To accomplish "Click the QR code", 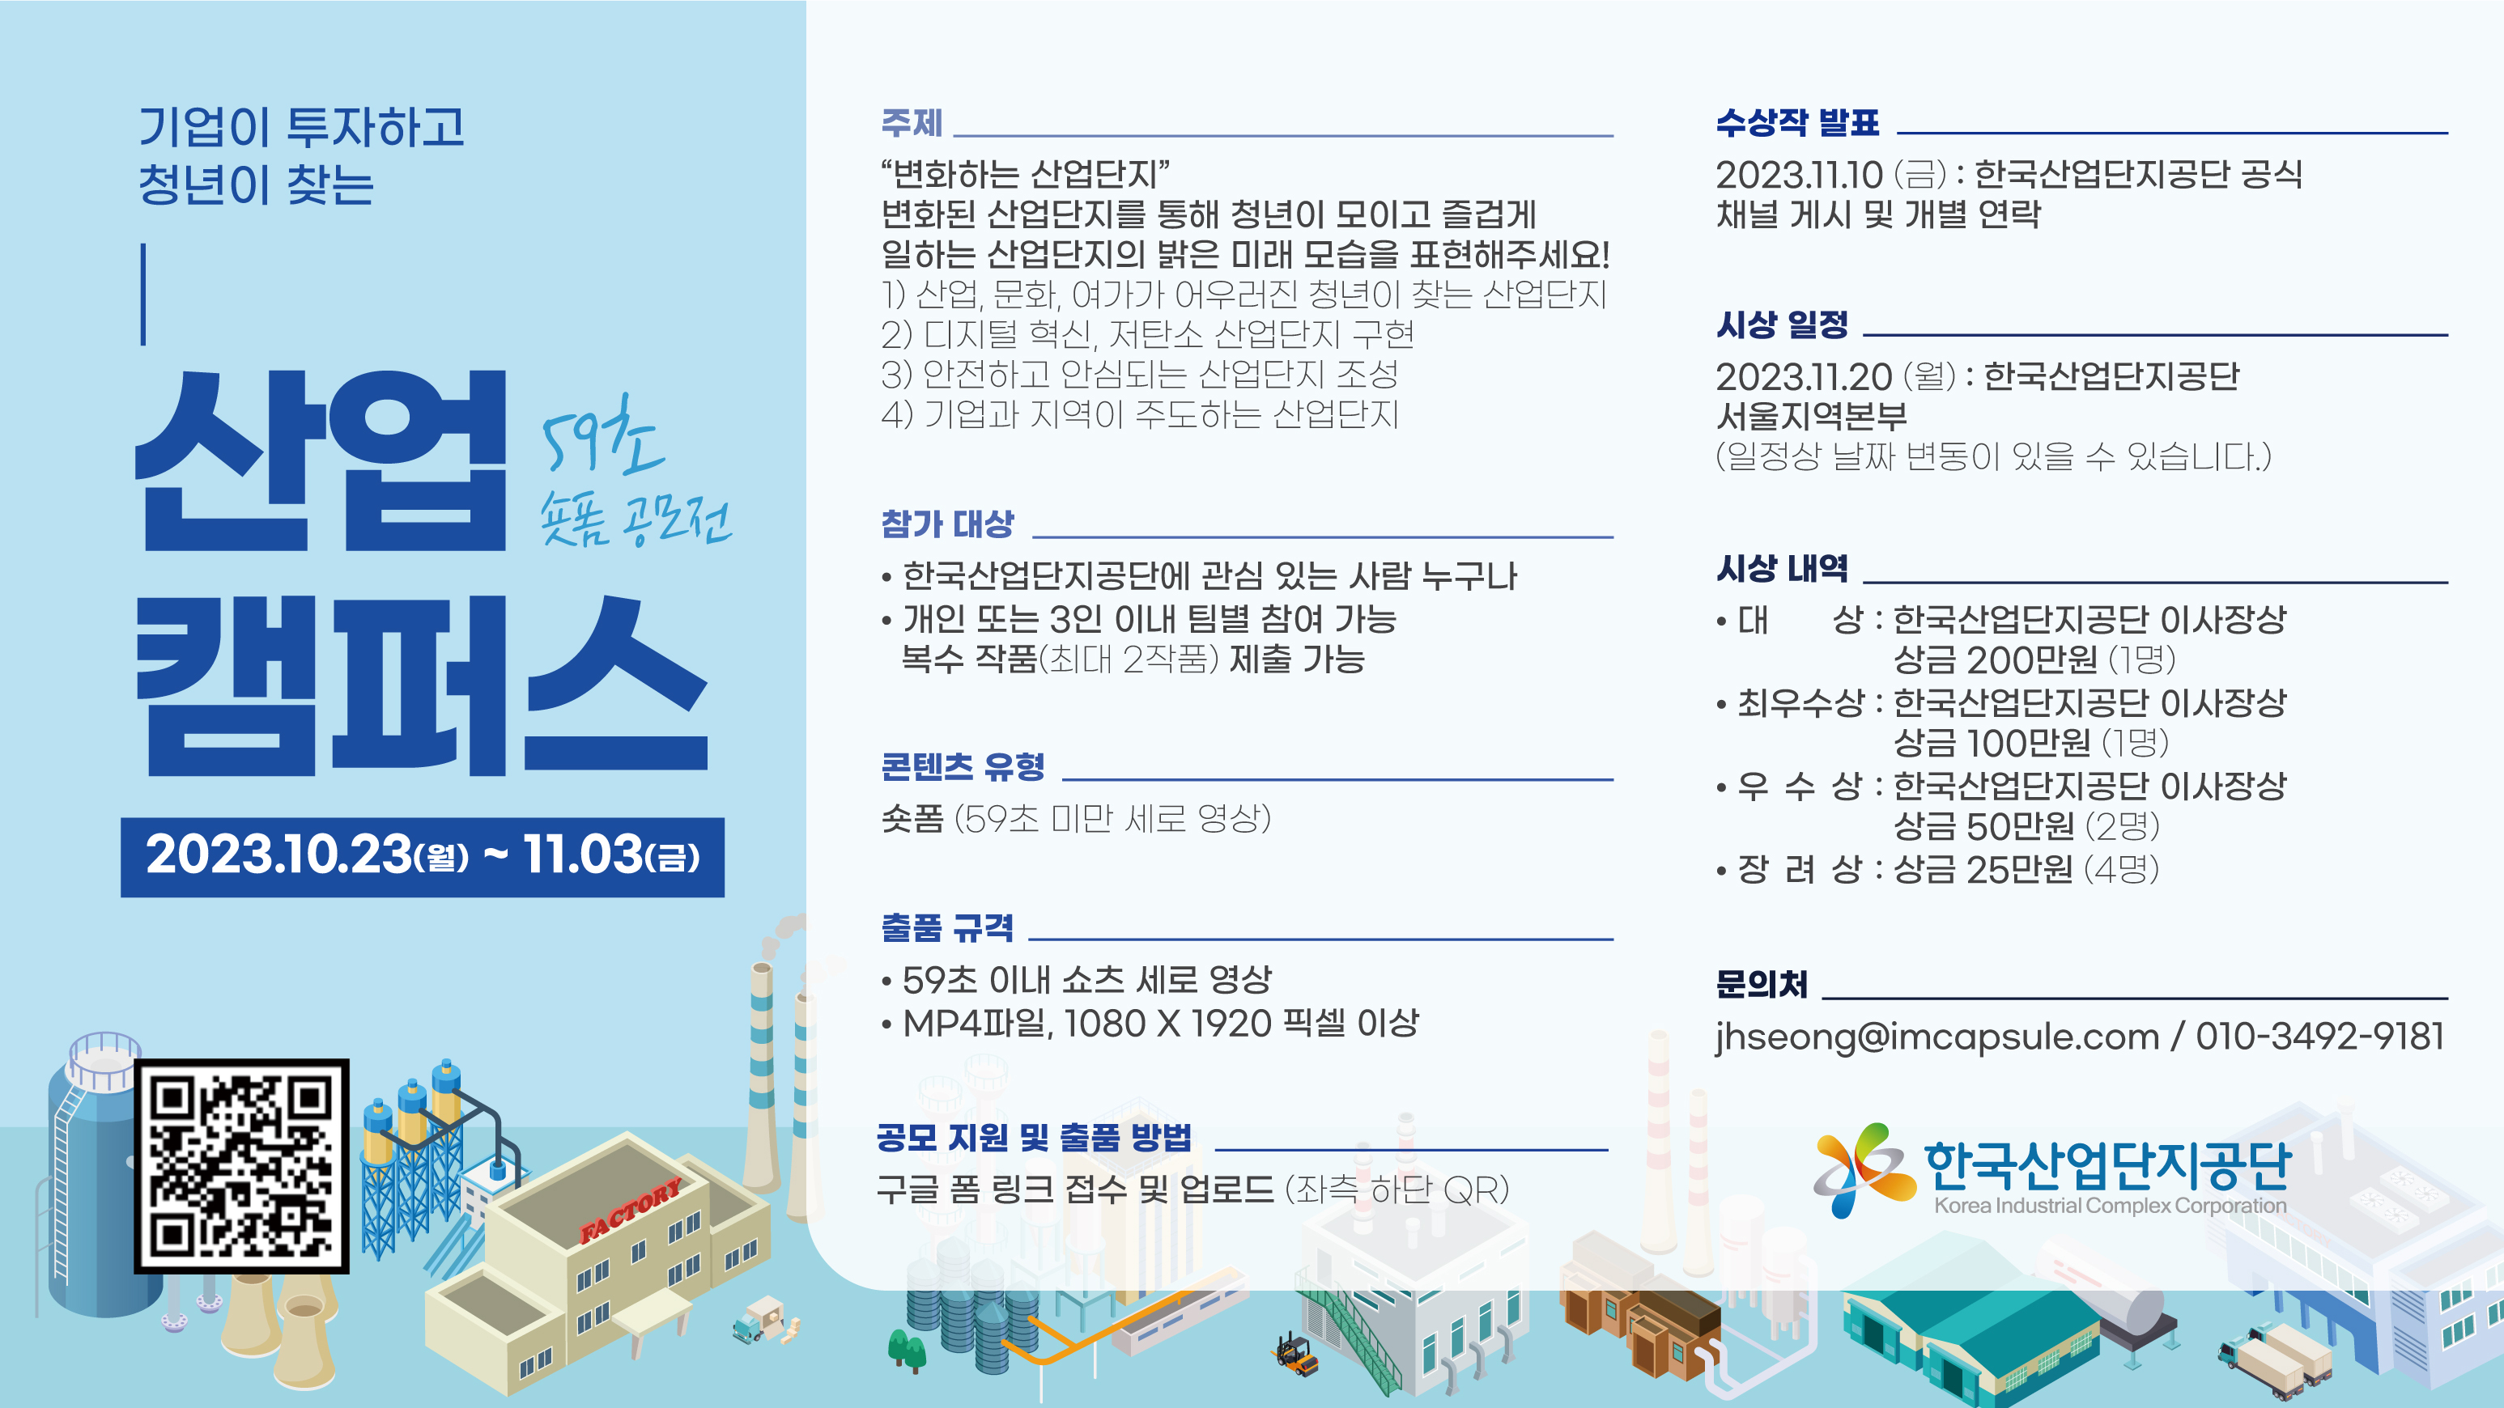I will click(241, 1166).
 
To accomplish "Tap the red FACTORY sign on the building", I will click(630, 1211).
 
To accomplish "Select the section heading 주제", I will click(911, 124).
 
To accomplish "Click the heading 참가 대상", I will click(946, 524).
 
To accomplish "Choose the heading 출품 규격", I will click(946, 927).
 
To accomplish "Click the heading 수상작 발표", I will click(1796, 122).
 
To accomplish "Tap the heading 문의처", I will click(1762, 984).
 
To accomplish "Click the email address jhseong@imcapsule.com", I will click(1936, 1037).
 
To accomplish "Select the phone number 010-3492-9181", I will click(2319, 1036).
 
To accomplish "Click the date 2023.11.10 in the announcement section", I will click(1798, 175).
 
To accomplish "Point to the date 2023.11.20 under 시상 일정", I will click(1803, 377).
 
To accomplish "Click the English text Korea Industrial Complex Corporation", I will click(2110, 1206).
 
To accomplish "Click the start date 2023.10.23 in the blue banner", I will click(279, 855).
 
